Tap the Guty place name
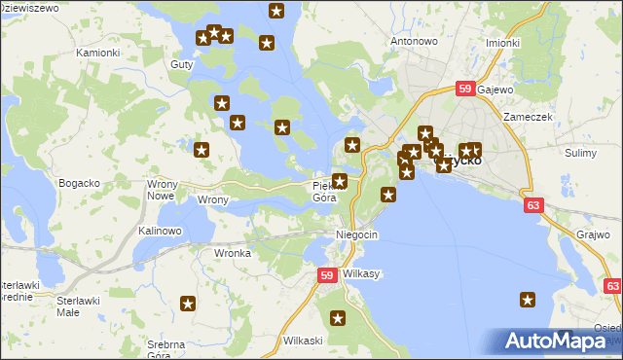pyautogui.click(x=182, y=64)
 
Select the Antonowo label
pyautogui.click(x=414, y=42)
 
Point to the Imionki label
pyautogui.click(x=502, y=43)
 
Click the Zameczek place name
pyautogui.click(x=529, y=117)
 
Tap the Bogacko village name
pyautogui.click(x=80, y=183)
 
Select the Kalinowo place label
pyautogui.click(x=160, y=231)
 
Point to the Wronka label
pyautogui.click(x=233, y=253)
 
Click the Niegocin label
pyautogui.click(x=356, y=235)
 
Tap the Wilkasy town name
pyautogui.click(x=361, y=274)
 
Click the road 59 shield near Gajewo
pyautogui.click(x=465, y=90)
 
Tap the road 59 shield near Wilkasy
pyautogui.click(x=329, y=277)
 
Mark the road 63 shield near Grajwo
pyautogui.click(x=532, y=205)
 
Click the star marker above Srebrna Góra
pyautogui.click(x=189, y=305)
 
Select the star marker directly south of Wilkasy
pyautogui.click(x=338, y=317)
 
